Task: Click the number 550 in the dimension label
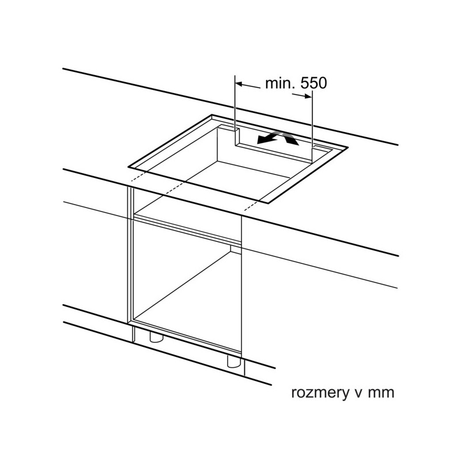(x=313, y=83)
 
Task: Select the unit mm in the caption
(x=381, y=394)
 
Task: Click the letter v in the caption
(x=358, y=394)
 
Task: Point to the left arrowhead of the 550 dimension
(x=239, y=84)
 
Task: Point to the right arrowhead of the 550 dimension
(x=308, y=96)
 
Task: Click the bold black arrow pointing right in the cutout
(x=290, y=139)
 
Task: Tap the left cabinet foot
(x=156, y=337)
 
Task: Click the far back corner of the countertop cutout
(x=212, y=115)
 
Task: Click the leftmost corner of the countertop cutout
(x=129, y=167)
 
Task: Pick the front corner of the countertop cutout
(x=268, y=203)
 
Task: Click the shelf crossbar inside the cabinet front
(x=187, y=229)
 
